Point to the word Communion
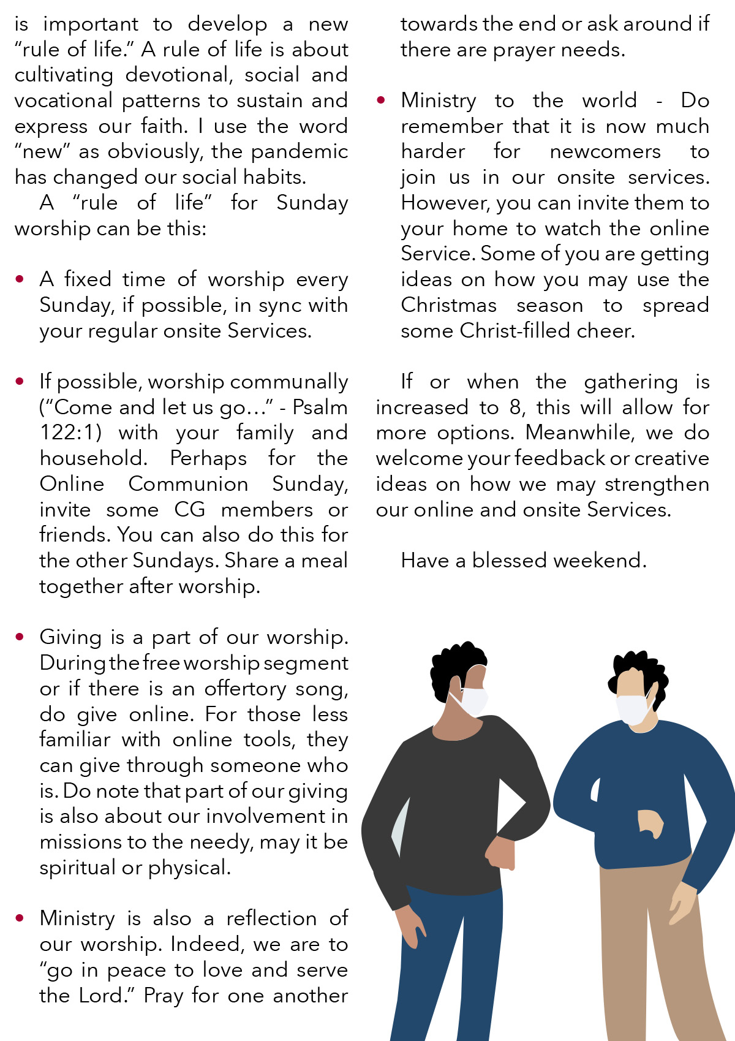click(x=188, y=484)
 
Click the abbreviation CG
click(x=189, y=510)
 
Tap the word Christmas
click(x=449, y=305)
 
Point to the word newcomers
click(x=605, y=152)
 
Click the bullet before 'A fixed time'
click(x=20, y=279)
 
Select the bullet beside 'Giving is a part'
click(x=20, y=637)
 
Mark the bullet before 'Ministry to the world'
click(x=381, y=100)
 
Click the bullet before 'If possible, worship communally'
click(x=20, y=382)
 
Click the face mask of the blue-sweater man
click(x=633, y=708)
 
